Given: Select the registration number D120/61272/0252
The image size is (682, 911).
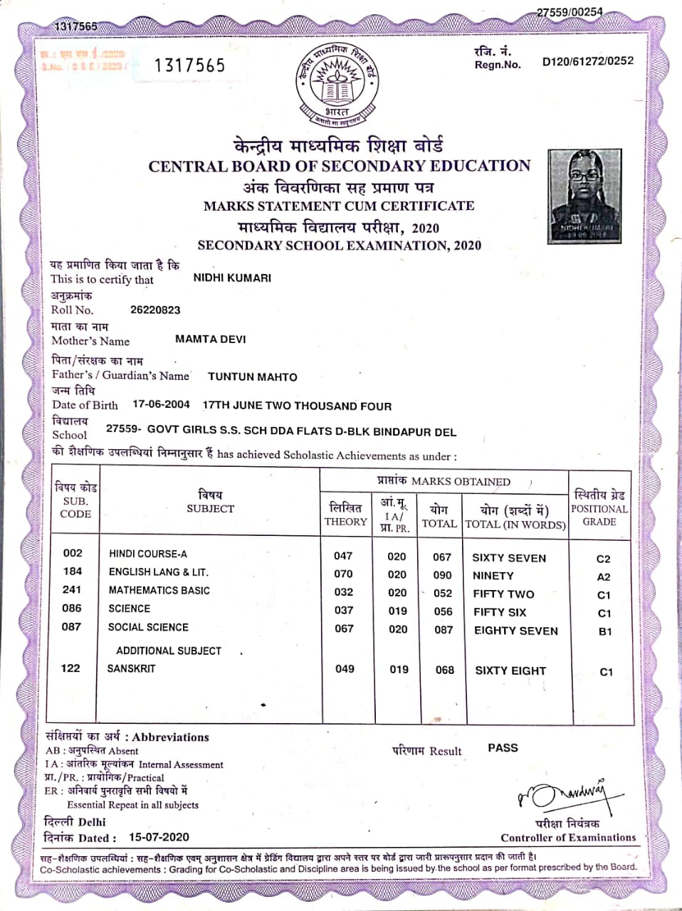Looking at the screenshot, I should (x=587, y=61).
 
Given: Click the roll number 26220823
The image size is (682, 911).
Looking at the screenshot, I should (x=155, y=310).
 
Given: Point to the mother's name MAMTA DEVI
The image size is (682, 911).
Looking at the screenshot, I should (x=210, y=339).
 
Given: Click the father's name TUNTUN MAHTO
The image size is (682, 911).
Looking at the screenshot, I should (x=252, y=377).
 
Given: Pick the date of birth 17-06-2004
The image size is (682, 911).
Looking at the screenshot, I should (x=161, y=404).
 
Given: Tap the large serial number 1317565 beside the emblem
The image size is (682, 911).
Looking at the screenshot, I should (x=189, y=65).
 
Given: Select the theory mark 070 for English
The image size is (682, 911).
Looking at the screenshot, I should (x=343, y=574).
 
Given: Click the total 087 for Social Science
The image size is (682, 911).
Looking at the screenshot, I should (x=444, y=630).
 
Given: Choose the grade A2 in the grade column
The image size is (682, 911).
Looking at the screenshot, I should (x=604, y=577).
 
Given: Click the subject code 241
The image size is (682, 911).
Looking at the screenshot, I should (x=72, y=589).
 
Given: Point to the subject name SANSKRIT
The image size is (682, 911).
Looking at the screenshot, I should (x=131, y=668).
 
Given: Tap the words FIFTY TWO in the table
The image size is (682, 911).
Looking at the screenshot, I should (x=503, y=594).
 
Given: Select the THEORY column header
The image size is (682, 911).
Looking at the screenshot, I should (x=345, y=522).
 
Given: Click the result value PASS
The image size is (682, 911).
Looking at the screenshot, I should (x=503, y=748).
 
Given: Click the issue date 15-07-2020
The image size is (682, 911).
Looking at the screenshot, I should (x=159, y=837).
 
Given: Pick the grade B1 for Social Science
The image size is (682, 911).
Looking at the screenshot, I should (x=605, y=631).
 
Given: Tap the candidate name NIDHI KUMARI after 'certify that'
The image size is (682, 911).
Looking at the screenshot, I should (x=232, y=278).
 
